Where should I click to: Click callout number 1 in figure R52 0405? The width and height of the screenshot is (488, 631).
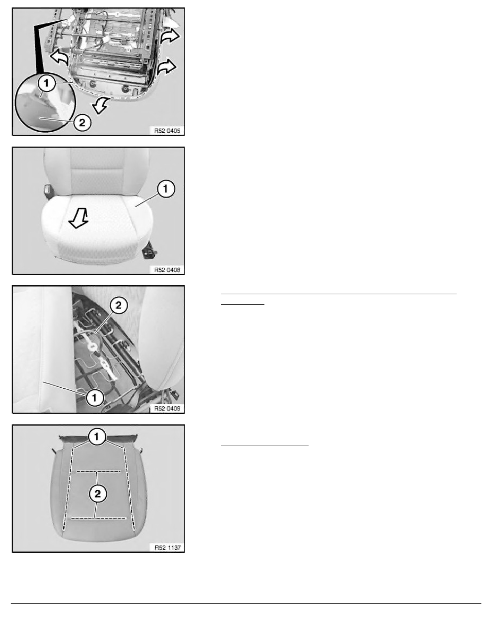[47, 83]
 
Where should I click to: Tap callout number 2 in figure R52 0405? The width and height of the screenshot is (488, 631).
[82, 122]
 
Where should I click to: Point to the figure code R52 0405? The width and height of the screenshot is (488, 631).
[167, 131]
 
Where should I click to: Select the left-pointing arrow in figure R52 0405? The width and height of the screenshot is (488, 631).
[59, 57]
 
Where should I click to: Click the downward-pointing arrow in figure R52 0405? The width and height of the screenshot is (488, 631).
[100, 106]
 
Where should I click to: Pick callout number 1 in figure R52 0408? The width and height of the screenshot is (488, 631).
[166, 189]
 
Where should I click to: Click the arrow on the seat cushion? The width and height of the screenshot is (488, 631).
[79, 218]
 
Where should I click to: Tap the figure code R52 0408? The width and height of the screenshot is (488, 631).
[167, 270]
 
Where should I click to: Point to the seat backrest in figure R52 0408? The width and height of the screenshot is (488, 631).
[96, 172]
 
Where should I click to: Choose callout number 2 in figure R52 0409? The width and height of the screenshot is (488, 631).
[119, 305]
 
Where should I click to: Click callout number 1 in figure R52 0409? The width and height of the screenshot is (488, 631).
[95, 398]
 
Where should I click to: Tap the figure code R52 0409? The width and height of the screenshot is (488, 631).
[167, 408]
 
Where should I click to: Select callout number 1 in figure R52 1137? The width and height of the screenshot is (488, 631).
[97, 437]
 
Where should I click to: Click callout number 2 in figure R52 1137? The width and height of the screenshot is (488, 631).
[98, 494]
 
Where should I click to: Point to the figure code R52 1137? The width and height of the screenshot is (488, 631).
[167, 548]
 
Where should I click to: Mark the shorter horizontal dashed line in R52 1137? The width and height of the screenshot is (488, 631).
[98, 471]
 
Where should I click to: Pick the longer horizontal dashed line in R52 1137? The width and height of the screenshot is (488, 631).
[98, 518]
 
